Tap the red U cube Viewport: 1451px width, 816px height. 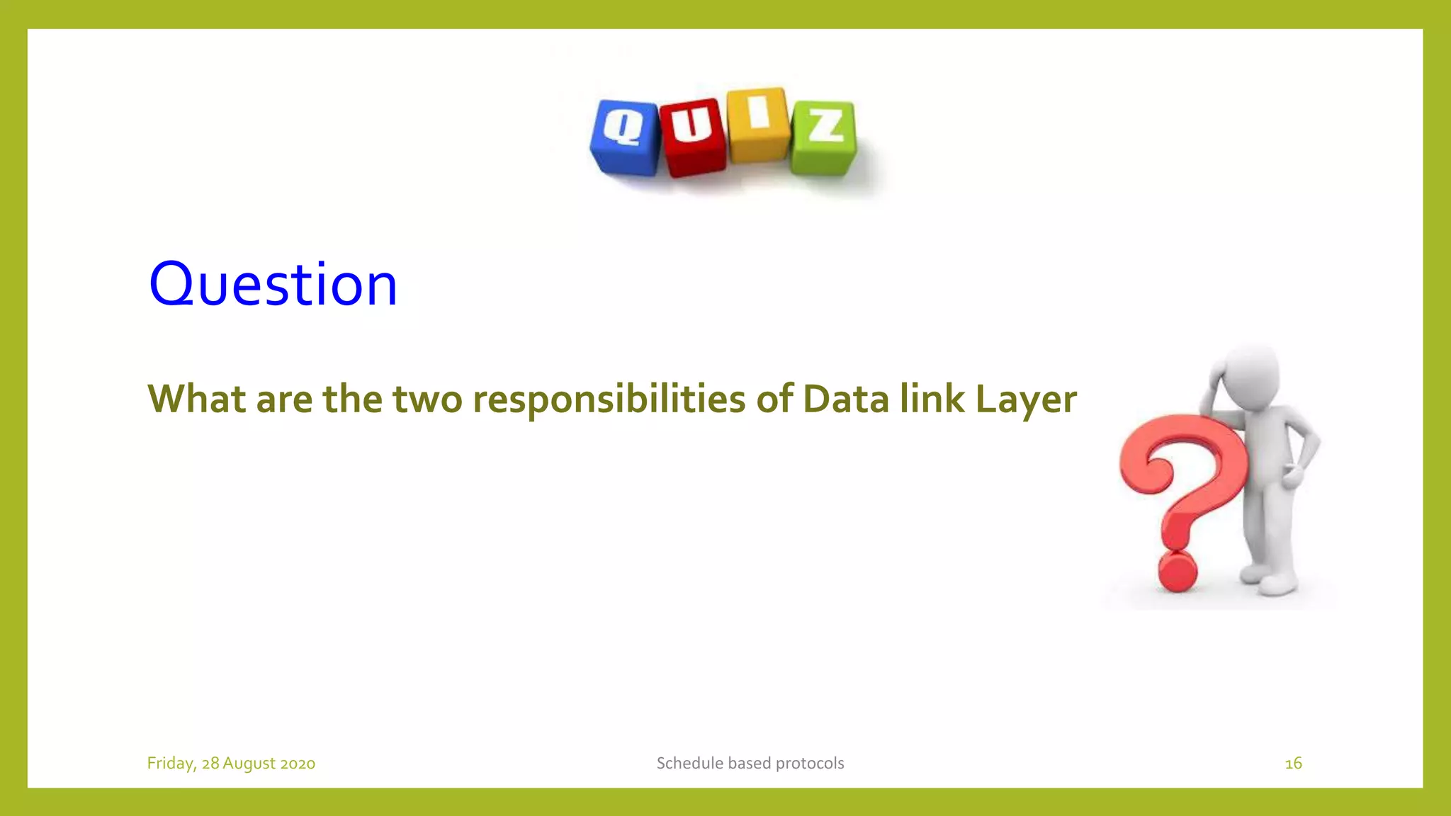pyautogui.click(x=693, y=137)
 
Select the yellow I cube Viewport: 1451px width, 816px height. pyautogui.click(x=758, y=125)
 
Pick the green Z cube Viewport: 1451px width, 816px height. pyautogui.click(x=824, y=137)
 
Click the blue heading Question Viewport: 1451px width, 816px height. pyautogui.click(x=273, y=285)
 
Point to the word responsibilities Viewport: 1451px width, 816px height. pyautogui.click(x=609, y=399)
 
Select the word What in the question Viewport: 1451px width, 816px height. pyautogui.click(x=196, y=399)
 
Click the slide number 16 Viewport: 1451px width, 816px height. pyautogui.click(x=1293, y=764)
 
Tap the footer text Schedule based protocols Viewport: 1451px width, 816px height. pyautogui.click(x=750, y=764)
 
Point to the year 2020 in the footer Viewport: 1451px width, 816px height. pyautogui.click(x=298, y=764)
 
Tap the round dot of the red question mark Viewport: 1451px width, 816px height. pyautogui.click(x=1178, y=572)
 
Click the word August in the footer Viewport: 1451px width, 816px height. pyautogui.click(x=249, y=764)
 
